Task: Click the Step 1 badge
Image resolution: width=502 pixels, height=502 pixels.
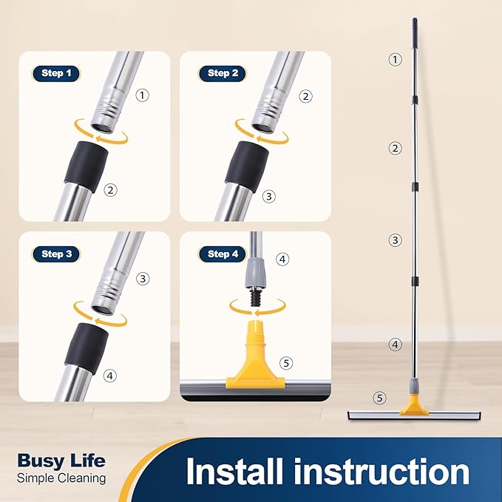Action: [x=56, y=73]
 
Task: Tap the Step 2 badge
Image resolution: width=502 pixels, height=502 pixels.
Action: [x=223, y=73]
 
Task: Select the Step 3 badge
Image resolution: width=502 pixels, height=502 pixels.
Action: [x=56, y=254]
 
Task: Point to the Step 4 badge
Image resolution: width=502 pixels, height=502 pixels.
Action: [x=223, y=254]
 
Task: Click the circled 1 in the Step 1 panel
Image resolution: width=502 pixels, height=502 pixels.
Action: [x=143, y=95]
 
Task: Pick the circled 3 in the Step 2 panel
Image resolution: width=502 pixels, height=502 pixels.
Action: [x=269, y=196]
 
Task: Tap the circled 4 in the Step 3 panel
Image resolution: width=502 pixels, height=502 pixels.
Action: [x=110, y=376]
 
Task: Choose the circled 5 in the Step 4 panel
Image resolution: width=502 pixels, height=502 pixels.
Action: [x=286, y=363]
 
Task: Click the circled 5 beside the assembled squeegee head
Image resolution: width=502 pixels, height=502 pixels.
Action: [x=380, y=398]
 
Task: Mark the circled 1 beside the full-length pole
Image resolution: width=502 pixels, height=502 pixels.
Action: [x=395, y=59]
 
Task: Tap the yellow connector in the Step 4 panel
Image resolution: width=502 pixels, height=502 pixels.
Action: [x=255, y=355]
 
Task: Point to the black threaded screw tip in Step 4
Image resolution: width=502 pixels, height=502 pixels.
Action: [x=256, y=297]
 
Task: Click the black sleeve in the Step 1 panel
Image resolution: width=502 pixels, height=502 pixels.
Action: [x=87, y=166]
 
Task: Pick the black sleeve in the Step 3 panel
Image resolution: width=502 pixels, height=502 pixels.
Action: [x=87, y=348]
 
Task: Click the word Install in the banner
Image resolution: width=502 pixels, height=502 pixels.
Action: [x=234, y=472]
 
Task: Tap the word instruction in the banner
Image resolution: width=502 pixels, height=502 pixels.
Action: [x=381, y=472]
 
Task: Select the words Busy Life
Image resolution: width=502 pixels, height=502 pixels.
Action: [x=61, y=461]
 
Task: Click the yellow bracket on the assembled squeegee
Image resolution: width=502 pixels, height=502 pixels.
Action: [x=414, y=404]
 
